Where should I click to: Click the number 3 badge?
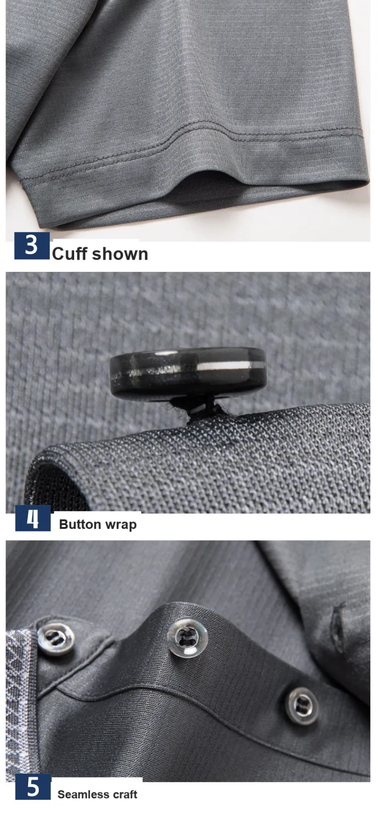[32, 246]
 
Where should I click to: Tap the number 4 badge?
[33, 518]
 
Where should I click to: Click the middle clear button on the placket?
[187, 637]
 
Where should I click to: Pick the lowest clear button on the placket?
[302, 706]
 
